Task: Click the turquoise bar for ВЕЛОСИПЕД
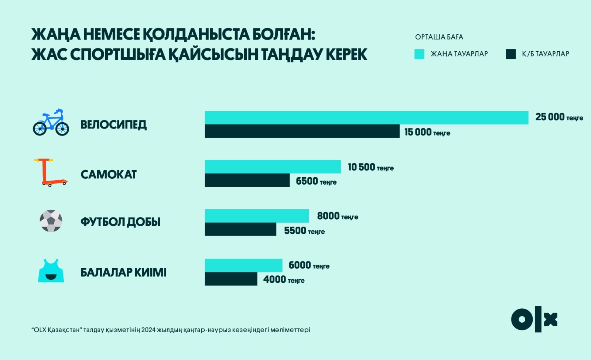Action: [366, 118]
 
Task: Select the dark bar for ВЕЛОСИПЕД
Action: [302, 131]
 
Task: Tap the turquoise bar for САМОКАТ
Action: [273, 167]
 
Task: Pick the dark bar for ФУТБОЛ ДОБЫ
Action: [240, 229]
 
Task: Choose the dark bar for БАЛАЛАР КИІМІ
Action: [231, 279]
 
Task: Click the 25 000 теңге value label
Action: [559, 117]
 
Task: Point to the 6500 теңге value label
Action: [316, 181]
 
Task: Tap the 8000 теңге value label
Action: [338, 216]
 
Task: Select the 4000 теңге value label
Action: [284, 280]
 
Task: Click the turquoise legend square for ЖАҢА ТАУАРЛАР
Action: [419, 54]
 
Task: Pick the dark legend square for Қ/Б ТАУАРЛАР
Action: [510, 54]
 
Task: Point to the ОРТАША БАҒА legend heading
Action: [439, 37]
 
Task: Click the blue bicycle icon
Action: [51, 123]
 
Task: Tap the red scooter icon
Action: [50, 172]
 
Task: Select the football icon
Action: [51, 221]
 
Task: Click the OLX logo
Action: [534, 319]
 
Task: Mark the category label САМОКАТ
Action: [109, 174]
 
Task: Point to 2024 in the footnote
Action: [148, 330]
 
